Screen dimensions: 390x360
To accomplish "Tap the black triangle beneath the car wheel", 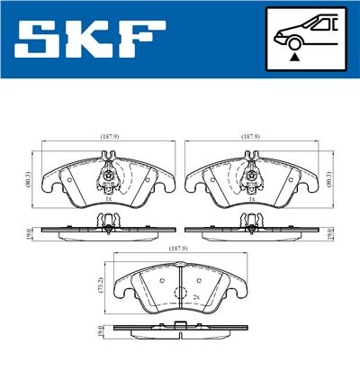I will coord(293,56).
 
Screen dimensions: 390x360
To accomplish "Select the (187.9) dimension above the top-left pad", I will coord(111,136).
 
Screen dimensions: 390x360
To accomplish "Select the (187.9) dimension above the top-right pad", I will coord(251,136).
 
